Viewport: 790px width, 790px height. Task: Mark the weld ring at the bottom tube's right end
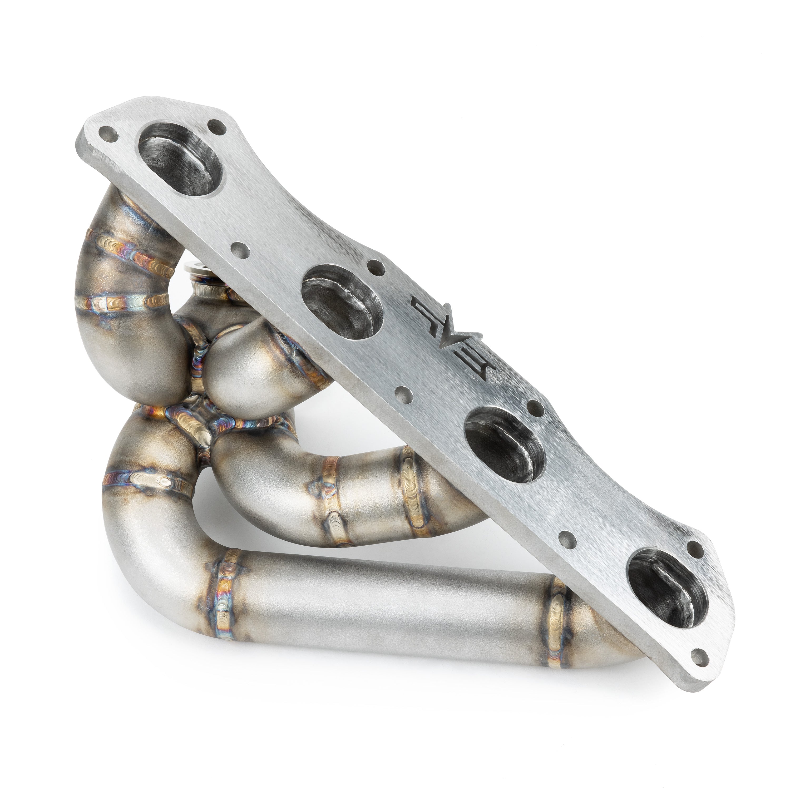[557, 613]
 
